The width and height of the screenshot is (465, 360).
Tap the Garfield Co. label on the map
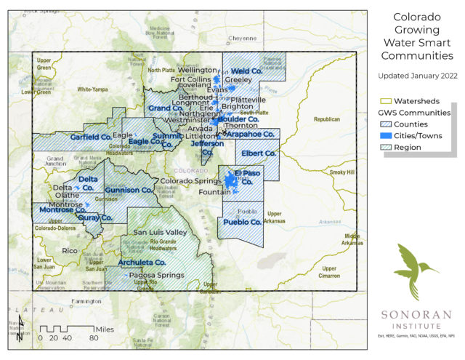(x=90, y=137)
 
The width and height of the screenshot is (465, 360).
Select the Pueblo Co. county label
(x=242, y=221)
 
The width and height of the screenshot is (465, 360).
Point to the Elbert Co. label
(x=259, y=153)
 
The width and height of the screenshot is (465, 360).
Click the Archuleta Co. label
(x=142, y=262)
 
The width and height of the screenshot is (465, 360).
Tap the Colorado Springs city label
(x=190, y=180)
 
